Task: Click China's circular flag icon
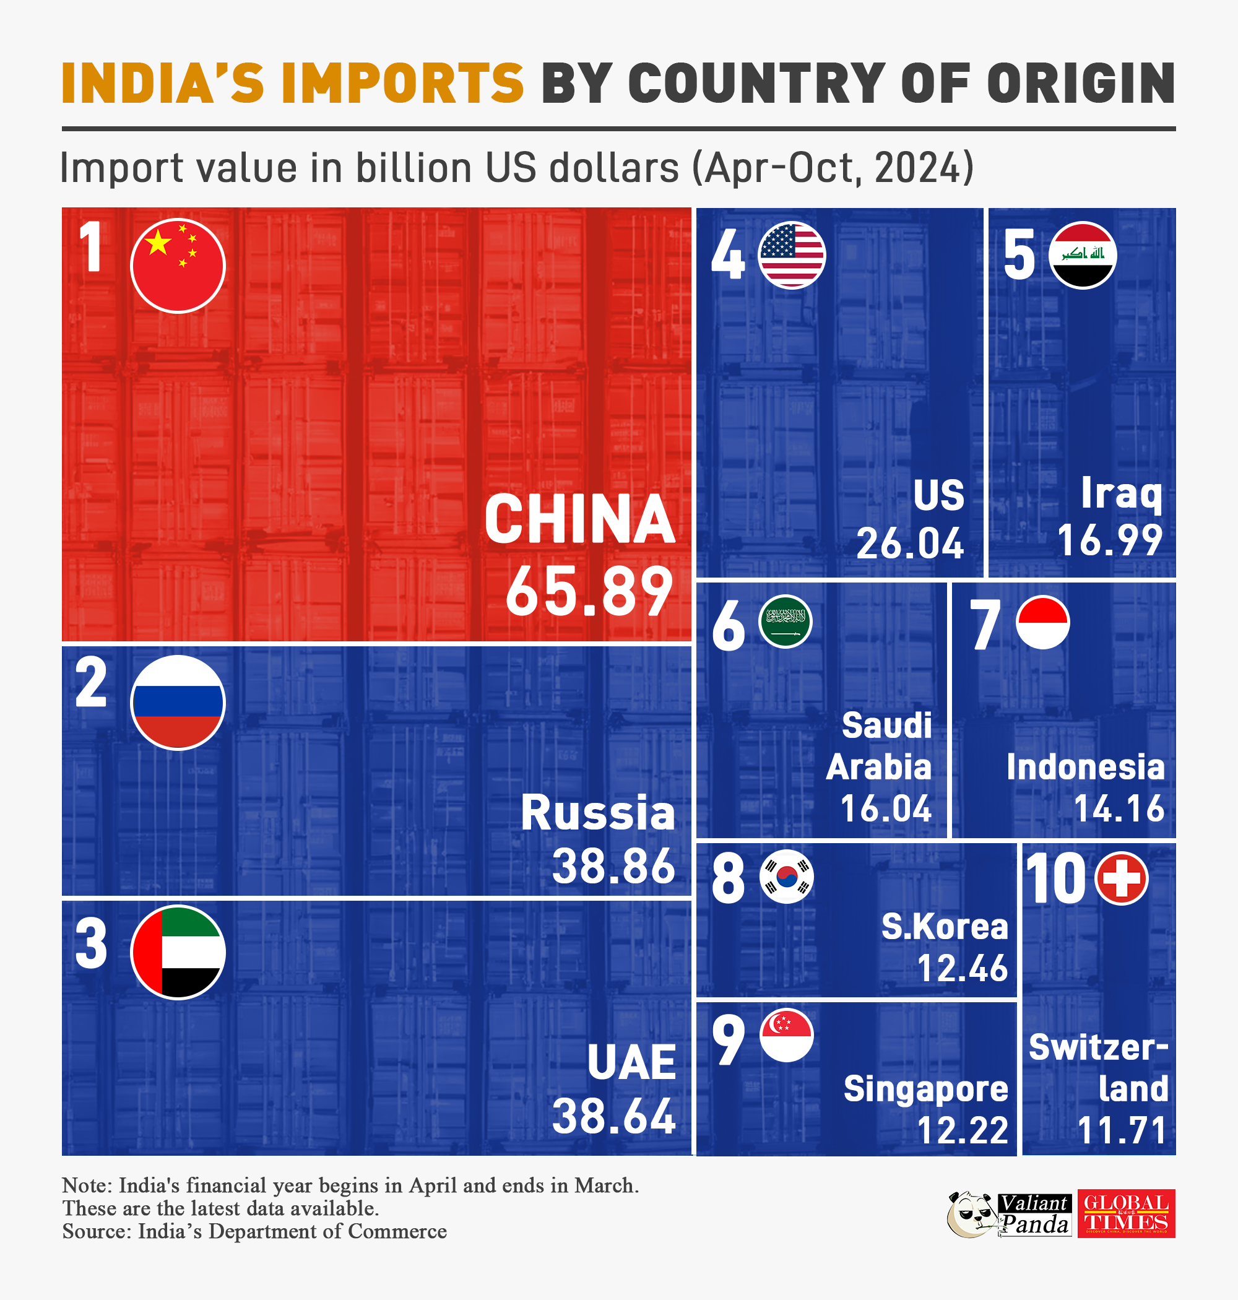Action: (178, 266)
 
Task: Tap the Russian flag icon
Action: (178, 702)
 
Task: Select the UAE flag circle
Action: (178, 952)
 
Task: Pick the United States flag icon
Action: (791, 256)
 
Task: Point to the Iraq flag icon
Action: (1082, 256)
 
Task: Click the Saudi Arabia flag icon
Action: (785, 622)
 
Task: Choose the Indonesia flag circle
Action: (1042, 622)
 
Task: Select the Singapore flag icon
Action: (786, 1034)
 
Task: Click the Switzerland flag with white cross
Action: (1120, 878)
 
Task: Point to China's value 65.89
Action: (589, 591)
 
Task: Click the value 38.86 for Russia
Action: (613, 866)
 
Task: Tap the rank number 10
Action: (1055, 878)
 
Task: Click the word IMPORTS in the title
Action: (402, 84)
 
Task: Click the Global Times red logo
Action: (1126, 1213)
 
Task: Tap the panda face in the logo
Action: (970, 1214)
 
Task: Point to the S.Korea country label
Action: (945, 927)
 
